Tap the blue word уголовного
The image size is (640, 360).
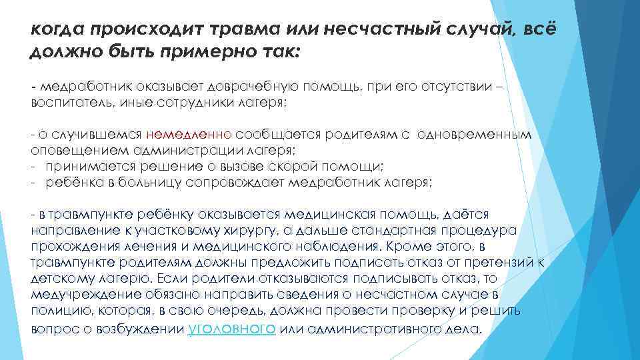[233, 329]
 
